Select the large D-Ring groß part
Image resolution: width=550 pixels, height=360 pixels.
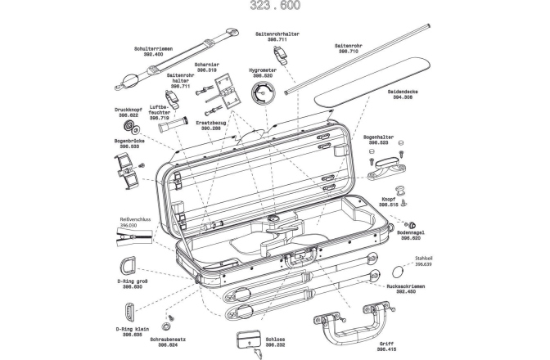(x=132, y=267)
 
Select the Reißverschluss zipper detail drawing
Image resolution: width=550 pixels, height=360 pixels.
(x=133, y=236)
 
